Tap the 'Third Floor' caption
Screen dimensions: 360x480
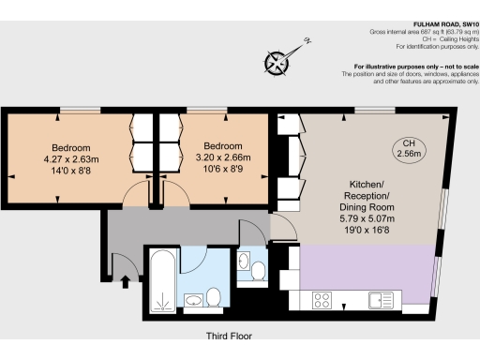229,335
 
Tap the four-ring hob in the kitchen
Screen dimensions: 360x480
324,300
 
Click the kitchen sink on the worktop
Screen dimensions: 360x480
382,300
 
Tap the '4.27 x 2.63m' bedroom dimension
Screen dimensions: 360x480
71,159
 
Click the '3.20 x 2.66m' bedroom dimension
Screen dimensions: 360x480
223,158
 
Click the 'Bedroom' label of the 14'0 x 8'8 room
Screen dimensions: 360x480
71,147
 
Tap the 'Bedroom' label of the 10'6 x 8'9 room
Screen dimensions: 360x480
223,146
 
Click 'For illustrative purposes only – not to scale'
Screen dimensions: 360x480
415,67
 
